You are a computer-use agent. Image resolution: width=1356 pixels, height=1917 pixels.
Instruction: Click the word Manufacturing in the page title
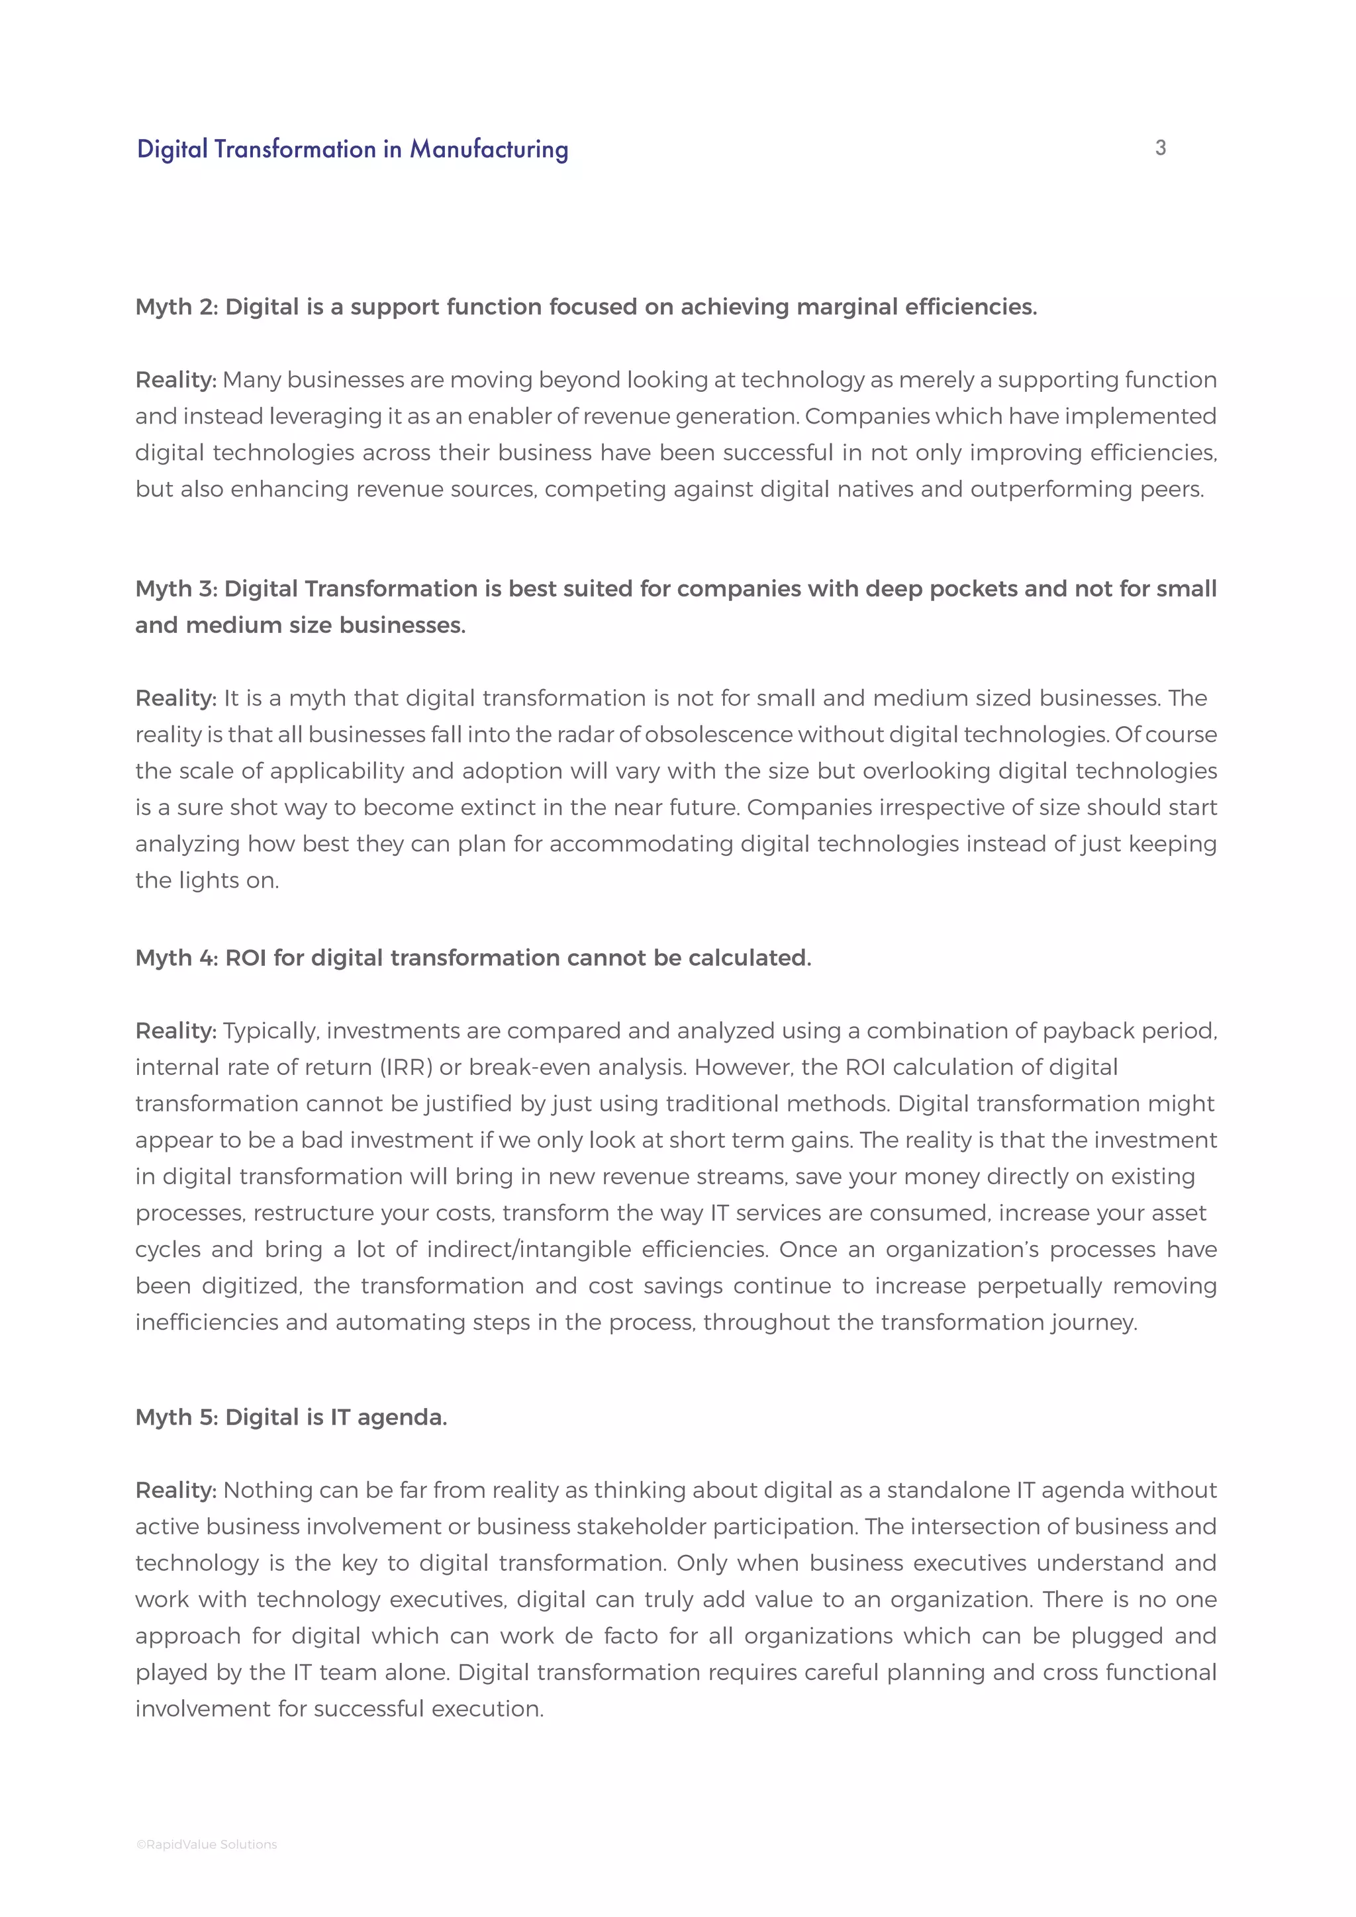coord(489,150)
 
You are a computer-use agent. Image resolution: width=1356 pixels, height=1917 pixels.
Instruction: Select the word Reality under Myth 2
coord(175,380)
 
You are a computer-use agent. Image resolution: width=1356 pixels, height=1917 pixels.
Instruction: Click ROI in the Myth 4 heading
coord(246,958)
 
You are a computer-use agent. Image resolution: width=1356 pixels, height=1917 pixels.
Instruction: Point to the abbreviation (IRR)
coord(405,1067)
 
